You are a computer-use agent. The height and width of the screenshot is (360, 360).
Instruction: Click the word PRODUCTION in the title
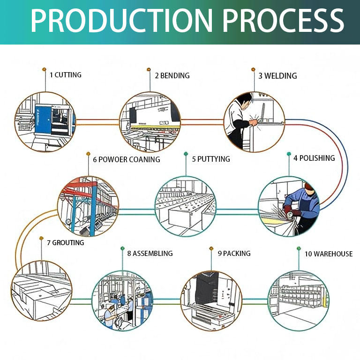122,21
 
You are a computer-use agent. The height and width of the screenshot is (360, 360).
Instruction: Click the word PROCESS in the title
283,21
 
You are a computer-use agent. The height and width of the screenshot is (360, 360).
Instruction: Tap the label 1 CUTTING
66,75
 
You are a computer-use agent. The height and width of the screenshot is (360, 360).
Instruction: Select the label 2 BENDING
172,75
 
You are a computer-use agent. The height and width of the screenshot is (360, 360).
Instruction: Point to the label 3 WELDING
277,76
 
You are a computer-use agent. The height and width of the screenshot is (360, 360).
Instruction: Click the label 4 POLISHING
314,158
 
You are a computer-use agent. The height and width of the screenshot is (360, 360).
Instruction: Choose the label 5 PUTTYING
211,159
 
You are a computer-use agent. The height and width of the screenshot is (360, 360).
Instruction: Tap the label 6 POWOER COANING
127,159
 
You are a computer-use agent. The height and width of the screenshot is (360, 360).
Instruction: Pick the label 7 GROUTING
66,243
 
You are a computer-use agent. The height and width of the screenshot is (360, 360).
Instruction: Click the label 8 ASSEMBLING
150,254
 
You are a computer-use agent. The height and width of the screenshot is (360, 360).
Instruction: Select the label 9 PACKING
234,254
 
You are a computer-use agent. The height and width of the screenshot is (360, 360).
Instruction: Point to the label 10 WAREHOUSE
329,254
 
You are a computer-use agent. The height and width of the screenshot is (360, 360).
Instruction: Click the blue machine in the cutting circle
43,120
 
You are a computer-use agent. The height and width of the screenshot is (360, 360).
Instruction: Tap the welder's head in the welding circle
244,101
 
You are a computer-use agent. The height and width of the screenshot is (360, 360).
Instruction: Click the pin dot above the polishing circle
289,154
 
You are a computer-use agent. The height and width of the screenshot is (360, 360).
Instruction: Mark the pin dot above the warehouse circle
299,248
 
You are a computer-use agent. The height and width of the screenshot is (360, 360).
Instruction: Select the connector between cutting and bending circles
97,122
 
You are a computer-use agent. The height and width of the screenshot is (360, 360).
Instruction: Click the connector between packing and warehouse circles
255,302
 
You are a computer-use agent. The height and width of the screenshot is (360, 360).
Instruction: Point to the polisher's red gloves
291,211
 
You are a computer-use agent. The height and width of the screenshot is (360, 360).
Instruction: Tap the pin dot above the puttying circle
186,154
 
